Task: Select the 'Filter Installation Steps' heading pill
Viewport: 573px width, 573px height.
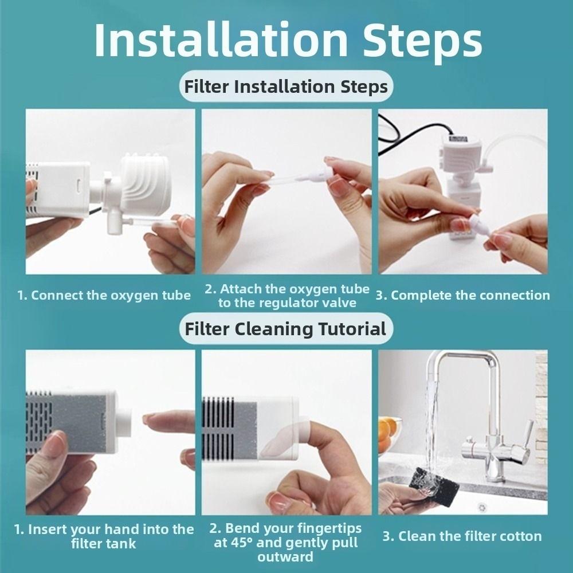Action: [286, 87]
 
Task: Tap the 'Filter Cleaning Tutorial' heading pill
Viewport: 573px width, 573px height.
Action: [285, 329]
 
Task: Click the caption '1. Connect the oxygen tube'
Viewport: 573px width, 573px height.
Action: [104, 296]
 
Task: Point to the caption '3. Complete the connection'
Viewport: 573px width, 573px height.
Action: [462, 296]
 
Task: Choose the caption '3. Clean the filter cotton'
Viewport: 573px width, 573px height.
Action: [462, 537]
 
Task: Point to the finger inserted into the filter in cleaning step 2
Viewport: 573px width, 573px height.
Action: [327, 435]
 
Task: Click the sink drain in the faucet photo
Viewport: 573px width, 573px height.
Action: [482, 507]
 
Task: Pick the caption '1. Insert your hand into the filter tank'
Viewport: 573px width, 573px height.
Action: [104, 536]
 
